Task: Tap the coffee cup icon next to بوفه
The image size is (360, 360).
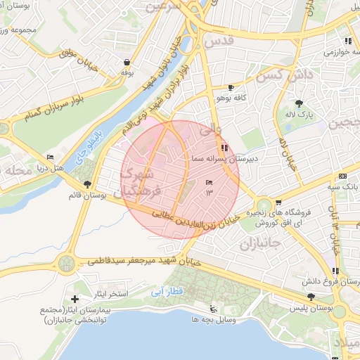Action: (126, 61)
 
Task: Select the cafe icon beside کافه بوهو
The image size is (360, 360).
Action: (231, 88)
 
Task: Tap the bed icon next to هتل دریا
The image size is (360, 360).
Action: (50, 157)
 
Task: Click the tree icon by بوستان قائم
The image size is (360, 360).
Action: (86, 185)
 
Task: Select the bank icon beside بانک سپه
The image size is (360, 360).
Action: (342, 176)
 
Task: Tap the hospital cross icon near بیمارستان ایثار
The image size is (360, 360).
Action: (75, 300)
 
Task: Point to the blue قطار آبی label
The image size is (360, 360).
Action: (168, 291)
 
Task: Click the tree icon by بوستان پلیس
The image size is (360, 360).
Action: (311, 297)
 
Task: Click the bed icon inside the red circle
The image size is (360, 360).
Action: (209, 183)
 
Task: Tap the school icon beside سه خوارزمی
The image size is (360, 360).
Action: (348, 41)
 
